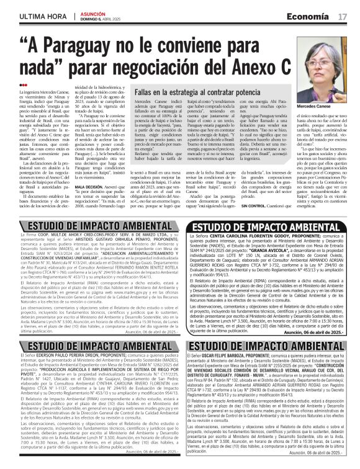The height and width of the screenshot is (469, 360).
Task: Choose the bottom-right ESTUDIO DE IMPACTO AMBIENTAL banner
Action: point(269,347)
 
